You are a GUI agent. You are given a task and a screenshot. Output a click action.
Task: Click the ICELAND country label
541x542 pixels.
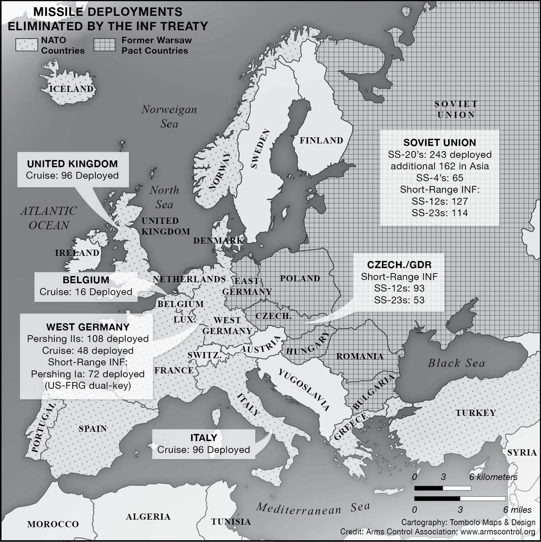coord(71,89)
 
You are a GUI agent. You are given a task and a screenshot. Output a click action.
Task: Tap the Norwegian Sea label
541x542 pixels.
coord(169,116)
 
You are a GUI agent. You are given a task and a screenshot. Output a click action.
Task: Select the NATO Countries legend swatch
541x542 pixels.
coord(27,45)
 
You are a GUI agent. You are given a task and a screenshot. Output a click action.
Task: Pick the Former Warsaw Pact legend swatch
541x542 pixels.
coord(105,45)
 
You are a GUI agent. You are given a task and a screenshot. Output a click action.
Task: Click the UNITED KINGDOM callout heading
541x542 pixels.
coord(72,164)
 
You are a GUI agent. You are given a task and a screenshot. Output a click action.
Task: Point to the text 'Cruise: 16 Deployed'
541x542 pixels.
coord(86,292)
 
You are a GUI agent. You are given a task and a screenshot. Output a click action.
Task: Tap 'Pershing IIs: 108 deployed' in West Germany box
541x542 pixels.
coord(88,339)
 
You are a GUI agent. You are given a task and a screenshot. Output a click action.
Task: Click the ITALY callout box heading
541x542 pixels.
coord(203,438)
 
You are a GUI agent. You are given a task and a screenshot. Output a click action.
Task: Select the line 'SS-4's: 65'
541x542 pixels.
coord(439,178)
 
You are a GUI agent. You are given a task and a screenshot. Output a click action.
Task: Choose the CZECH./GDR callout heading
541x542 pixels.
coord(399,265)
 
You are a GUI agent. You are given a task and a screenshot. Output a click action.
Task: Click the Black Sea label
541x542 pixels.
coord(456,363)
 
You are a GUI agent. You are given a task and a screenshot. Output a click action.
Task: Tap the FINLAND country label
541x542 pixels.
coord(321,141)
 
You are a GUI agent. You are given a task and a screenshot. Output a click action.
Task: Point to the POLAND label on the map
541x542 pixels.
coord(300,278)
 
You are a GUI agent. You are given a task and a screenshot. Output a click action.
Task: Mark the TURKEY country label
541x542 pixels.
coord(476,413)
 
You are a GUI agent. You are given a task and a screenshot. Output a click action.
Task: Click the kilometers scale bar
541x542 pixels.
coord(442,488)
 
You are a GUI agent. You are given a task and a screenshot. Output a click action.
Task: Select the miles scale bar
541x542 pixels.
coord(460,499)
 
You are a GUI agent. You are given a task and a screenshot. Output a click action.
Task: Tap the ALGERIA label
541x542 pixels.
coord(148,517)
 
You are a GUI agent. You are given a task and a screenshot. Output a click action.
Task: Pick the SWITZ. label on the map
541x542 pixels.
coord(204,355)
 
